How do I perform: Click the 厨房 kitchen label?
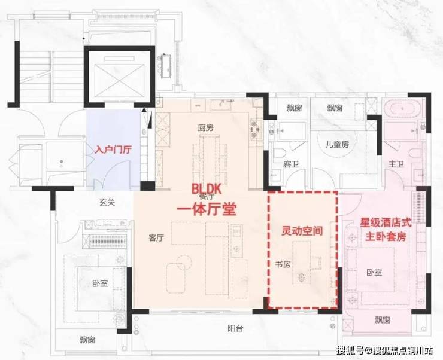206,128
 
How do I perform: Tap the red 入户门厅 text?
113,150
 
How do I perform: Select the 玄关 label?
107,202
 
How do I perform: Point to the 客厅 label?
156,238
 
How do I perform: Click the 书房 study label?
283,264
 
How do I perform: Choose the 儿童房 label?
337,145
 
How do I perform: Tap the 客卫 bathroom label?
292,164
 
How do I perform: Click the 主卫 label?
396,164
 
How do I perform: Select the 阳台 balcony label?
235,328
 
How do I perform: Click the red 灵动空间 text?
302,231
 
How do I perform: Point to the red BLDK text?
207,188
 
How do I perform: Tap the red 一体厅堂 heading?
207,210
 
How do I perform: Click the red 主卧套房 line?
386,236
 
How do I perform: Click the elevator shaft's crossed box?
119,81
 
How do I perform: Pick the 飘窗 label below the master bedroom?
383,320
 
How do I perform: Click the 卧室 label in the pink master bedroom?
374,273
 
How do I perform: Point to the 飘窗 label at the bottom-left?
87,340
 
